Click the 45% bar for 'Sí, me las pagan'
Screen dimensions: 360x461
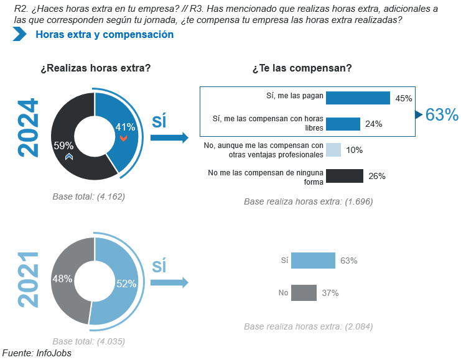[358, 98]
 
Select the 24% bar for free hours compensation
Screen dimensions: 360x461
[343, 124]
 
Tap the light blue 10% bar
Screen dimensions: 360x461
[333, 150]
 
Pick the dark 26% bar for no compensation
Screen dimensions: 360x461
[344, 176]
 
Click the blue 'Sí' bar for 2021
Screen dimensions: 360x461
[313, 261]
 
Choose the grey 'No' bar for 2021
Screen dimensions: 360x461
[304, 292]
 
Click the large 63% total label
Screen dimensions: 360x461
[442, 114]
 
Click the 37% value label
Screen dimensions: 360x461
[330, 293]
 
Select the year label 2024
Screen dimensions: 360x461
[28, 128]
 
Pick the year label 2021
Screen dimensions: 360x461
[28, 279]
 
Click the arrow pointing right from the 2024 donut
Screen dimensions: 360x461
[169, 138]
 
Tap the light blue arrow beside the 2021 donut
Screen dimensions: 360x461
[169, 283]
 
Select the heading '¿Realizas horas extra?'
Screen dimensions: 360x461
[96, 68]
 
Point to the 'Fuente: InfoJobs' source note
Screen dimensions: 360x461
[37, 353]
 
